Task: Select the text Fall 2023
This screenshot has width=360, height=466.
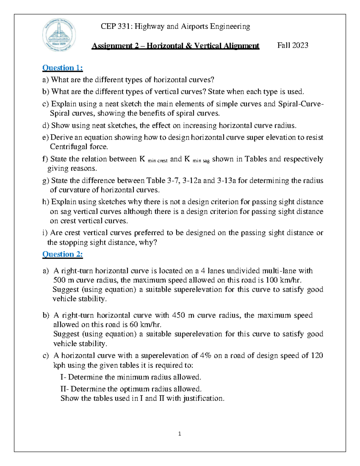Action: coord(292,45)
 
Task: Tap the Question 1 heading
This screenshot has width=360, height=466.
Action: coord(62,68)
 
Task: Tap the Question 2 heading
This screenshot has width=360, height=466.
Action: coord(62,254)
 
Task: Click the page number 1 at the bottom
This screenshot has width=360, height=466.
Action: coord(179,434)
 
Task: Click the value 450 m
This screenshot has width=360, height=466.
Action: coord(183,315)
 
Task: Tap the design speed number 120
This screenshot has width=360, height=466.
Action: coord(317,356)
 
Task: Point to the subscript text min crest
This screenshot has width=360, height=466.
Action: coord(157,161)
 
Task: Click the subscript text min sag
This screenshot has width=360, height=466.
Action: coord(201,161)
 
